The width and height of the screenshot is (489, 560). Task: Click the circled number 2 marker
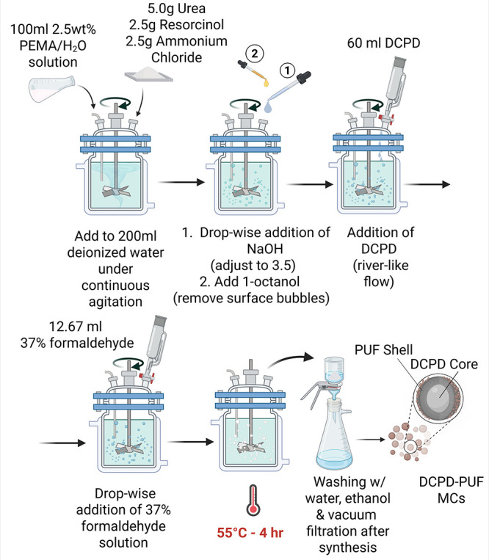coord(255,54)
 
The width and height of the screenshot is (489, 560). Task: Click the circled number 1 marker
coord(288,70)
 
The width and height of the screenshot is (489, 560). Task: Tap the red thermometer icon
coord(253,500)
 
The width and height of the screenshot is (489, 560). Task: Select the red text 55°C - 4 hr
coord(250,533)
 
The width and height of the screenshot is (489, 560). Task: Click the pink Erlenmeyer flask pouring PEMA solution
coord(52,89)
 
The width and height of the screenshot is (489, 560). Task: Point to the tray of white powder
coord(148,74)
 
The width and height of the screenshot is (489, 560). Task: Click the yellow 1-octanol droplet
coord(266,83)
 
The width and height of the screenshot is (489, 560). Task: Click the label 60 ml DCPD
coord(383,43)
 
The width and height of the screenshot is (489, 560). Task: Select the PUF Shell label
coord(383,349)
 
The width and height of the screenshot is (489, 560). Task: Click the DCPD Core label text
coord(444,364)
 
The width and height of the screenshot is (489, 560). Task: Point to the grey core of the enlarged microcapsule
coord(438,396)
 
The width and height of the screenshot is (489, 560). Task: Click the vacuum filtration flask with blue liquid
coord(334,434)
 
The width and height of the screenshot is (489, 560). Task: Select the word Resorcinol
coord(192,25)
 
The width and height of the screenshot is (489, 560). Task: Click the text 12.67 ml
coord(76,326)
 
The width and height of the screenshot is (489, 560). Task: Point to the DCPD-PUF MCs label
coord(451,490)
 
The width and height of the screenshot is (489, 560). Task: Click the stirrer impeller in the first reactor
coord(115,191)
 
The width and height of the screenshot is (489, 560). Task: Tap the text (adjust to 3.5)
coord(253,266)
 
